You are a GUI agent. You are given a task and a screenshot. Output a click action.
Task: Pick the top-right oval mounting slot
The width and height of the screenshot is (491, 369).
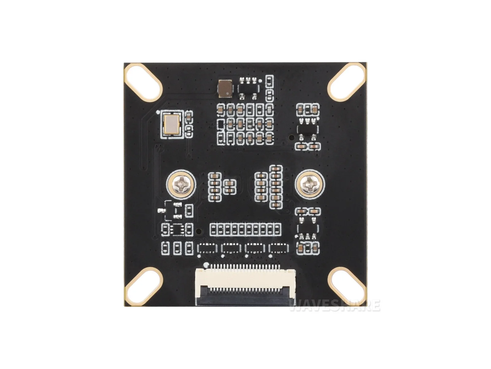(x=346, y=82)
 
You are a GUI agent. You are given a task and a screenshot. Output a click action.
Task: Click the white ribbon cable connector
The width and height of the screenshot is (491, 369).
(x=245, y=284)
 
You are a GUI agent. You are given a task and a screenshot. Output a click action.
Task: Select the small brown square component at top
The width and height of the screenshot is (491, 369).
(x=225, y=89)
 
